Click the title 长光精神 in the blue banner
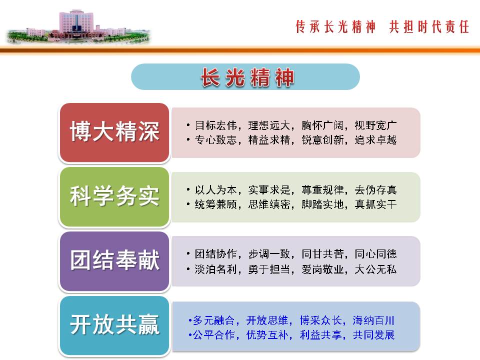[x=247, y=77]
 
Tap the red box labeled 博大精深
[x=114, y=132]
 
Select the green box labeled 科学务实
[x=114, y=197]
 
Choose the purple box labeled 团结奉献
[x=114, y=261]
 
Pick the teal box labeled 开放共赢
[x=114, y=325]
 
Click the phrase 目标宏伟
[x=216, y=125]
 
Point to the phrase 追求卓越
[x=375, y=140]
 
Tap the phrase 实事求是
[x=269, y=190]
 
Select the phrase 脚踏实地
[x=322, y=204]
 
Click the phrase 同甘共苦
[x=322, y=254]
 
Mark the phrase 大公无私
[x=375, y=269]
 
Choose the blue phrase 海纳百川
[x=373, y=320]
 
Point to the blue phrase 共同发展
[x=373, y=335]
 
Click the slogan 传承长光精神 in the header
[x=335, y=26]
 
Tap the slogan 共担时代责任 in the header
[x=429, y=26]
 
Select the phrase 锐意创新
[x=322, y=140]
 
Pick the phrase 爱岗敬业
[x=322, y=269]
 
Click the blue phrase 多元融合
[x=213, y=320]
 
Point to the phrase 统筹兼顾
[x=216, y=204]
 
